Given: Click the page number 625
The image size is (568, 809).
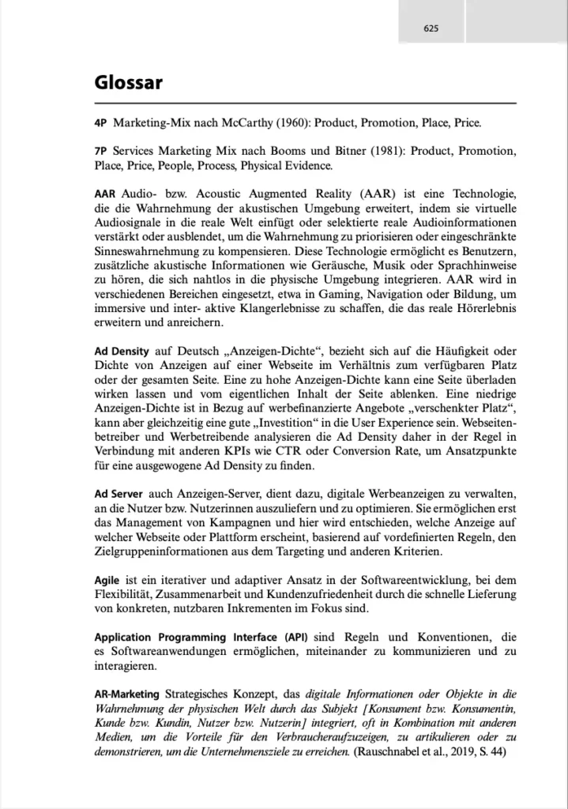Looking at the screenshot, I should point(431,29).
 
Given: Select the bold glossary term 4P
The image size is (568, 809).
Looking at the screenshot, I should point(101,124).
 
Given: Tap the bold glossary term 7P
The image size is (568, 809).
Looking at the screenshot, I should point(101,150).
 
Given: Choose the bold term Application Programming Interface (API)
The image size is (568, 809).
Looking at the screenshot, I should point(196,638).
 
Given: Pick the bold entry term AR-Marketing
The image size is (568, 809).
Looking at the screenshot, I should point(126,693).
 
